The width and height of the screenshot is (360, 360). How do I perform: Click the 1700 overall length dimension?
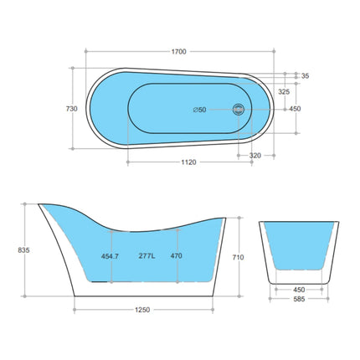178,51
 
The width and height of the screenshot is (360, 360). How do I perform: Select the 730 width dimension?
71,109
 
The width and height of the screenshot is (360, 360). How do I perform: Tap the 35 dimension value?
305,76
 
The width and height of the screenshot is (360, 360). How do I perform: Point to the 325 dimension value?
284,91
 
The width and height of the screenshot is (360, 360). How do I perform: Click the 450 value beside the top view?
295,109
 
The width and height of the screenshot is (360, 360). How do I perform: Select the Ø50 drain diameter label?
201,110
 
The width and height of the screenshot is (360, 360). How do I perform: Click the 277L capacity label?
149,256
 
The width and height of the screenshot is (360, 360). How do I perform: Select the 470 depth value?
176,256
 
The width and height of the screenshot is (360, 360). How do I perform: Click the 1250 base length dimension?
142,311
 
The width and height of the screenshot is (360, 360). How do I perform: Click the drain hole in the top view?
238,109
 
